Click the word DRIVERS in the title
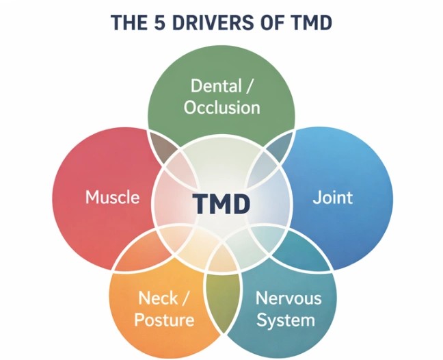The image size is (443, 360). click(x=213, y=23)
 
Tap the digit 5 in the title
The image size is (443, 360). click(x=159, y=23)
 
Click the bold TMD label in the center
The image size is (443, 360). click(x=221, y=204)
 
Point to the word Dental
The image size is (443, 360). click(x=216, y=86)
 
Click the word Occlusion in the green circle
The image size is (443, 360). click(x=221, y=107)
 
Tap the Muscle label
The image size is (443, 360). click(x=112, y=197)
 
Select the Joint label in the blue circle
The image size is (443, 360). click(x=333, y=197)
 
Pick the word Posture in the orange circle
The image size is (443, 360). click(x=164, y=320)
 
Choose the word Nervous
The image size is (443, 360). click(x=288, y=298)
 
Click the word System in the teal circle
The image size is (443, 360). click(x=286, y=320)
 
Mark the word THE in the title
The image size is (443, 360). click(x=129, y=23)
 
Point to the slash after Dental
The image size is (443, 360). click(x=248, y=86)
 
